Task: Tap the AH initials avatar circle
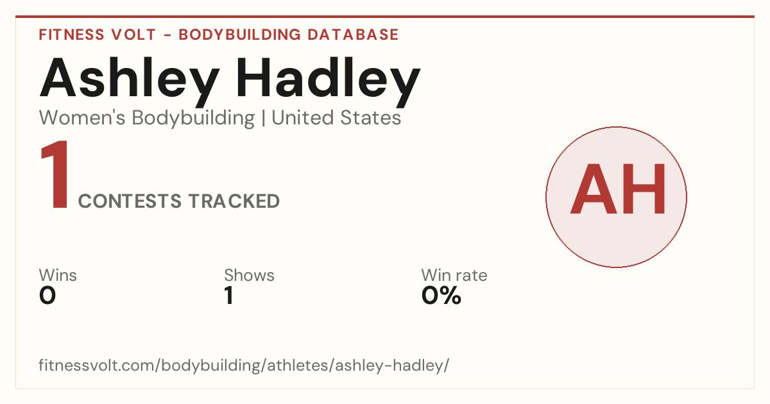tap(617, 197)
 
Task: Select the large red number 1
tap(55, 174)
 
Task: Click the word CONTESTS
tap(130, 201)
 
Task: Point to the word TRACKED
tap(234, 201)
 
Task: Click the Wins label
tap(58, 275)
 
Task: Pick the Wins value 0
tap(47, 296)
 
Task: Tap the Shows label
tap(249, 275)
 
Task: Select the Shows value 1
tap(229, 296)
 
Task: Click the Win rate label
tap(454, 275)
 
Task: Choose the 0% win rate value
tap(441, 296)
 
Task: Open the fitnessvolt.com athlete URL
tap(244, 365)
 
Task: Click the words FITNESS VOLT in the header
tap(98, 35)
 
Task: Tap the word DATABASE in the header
tap(353, 35)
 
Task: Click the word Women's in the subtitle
tap(82, 117)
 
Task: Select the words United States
tap(336, 117)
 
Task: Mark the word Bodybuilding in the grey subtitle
tap(193, 118)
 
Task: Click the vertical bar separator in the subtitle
tap(263, 118)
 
